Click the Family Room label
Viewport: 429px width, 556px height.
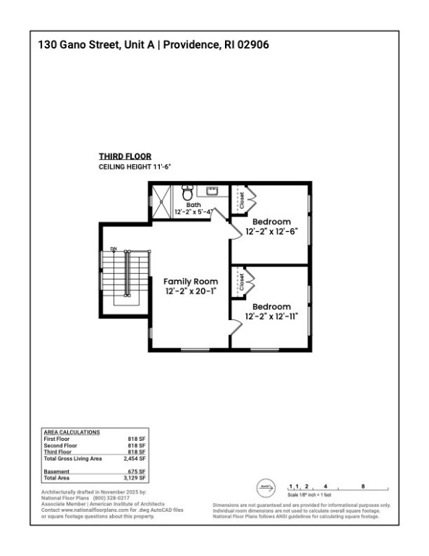coord(190,281)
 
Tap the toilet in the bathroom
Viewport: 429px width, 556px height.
coord(187,193)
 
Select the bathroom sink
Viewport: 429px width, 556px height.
coord(212,191)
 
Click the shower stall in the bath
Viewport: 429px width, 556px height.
coord(162,200)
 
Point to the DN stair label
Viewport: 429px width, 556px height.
coord(114,249)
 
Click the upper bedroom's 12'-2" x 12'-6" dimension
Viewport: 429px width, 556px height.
coord(272,232)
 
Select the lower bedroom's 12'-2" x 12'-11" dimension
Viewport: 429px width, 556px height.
coord(272,316)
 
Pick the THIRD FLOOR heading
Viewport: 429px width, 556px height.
coord(124,156)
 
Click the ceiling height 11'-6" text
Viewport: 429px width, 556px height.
coord(135,167)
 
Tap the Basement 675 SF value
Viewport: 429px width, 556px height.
coord(138,471)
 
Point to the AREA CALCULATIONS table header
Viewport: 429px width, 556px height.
coord(71,432)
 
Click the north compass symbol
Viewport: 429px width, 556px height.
coord(266,486)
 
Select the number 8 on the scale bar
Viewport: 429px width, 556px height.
coord(362,486)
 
